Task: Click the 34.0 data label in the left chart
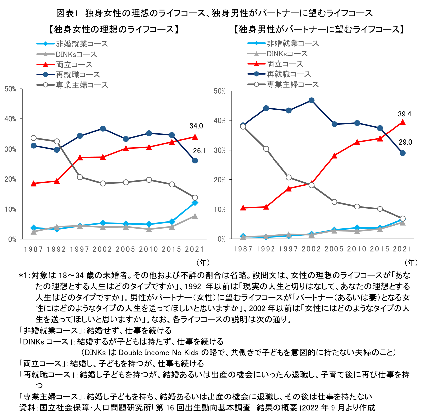click(x=196, y=126)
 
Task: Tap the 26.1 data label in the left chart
click(x=200, y=151)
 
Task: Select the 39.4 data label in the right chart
click(x=404, y=114)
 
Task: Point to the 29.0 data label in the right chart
click(x=405, y=142)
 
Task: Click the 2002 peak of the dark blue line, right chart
click(x=311, y=100)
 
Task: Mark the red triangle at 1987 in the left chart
click(x=33, y=183)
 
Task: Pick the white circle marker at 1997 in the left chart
click(x=80, y=177)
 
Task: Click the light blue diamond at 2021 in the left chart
click(x=195, y=203)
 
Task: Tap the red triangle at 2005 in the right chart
click(x=334, y=155)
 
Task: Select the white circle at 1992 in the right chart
click(x=266, y=149)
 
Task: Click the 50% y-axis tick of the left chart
click(x=10, y=89)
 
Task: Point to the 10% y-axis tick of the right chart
click(x=219, y=209)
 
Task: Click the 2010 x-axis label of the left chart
click(x=149, y=249)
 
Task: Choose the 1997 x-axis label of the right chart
click(x=288, y=249)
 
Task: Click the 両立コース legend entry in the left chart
click(x=74, y=65)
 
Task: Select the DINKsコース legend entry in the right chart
click(x=287, y=54)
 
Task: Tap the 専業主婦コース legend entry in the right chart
click(x=293, y=84)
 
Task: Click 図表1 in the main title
click(x=67, y=13)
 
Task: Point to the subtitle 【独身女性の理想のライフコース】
click(x=114, y=30)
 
